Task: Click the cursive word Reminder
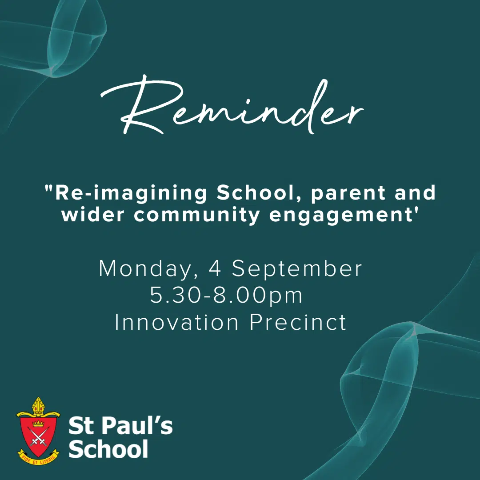(x=232, y=106)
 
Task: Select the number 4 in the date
(x=215, y=268)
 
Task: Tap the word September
(x=297, y=269)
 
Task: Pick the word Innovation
(x=176, y=322)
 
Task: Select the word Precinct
(x=298, y=322)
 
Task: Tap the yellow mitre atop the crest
(x=38, y=406)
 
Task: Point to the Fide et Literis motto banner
(x=38, y=458)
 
